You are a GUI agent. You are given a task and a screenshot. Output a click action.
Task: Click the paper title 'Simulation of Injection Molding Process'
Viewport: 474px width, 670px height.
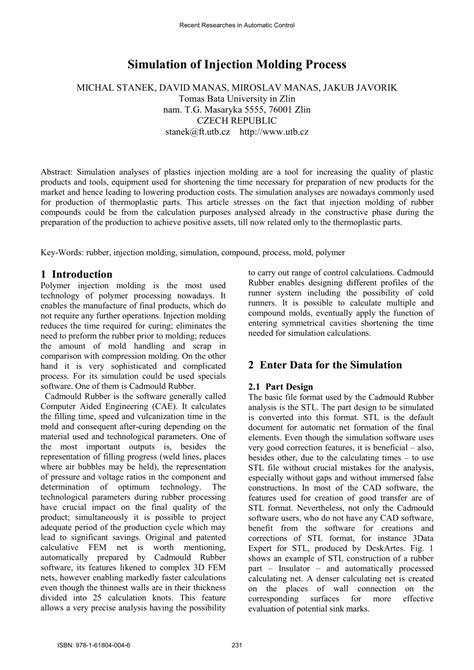[x=236, y=63]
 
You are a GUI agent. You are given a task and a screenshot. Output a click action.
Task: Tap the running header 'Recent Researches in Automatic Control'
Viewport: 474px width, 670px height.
[x=236, y=21]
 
